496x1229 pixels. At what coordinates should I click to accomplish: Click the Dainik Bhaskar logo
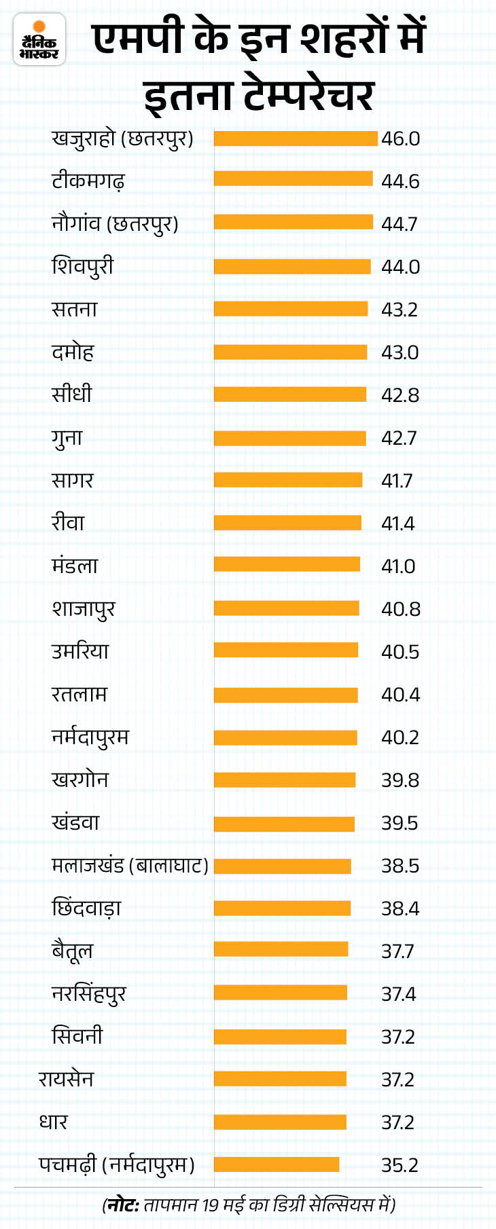coord(39,40)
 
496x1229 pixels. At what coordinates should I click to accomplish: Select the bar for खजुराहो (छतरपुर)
coord(296,139)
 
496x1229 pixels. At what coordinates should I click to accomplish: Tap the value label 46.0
coord(400,139)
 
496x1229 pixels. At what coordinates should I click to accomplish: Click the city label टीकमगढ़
coord(88,181)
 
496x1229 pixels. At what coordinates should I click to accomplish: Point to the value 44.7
coord(400,224)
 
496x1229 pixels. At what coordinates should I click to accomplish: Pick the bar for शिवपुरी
coord(292,267)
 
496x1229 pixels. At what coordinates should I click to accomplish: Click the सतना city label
coord(75,310)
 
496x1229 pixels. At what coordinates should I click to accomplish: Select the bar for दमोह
coord(290,352)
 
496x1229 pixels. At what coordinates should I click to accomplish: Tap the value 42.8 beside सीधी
coord(400,395)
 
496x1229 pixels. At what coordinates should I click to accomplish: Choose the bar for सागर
coord(288,481)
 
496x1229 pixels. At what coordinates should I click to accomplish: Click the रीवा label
coord(68,523)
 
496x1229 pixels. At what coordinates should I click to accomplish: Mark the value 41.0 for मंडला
coord(398,566)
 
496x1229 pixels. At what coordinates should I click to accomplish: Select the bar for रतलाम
coord(285,695)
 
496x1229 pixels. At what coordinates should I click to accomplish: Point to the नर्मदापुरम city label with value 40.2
coord(90,737)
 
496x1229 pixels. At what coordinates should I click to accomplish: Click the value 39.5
coord(400,823)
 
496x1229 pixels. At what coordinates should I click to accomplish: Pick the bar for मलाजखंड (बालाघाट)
coord(282,866)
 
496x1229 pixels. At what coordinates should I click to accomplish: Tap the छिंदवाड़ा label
coord(86,909)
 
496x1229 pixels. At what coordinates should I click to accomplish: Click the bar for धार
coord(280,1122)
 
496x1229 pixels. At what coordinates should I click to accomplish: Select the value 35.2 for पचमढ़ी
coord(400,1165)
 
